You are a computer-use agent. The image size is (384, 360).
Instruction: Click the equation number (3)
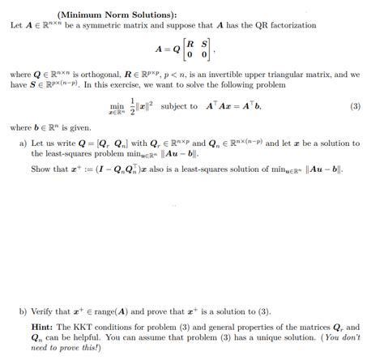pos(355,107)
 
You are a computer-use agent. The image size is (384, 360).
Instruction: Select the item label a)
pos(23,144)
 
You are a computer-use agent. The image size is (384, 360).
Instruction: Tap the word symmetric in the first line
pos(117,26)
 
